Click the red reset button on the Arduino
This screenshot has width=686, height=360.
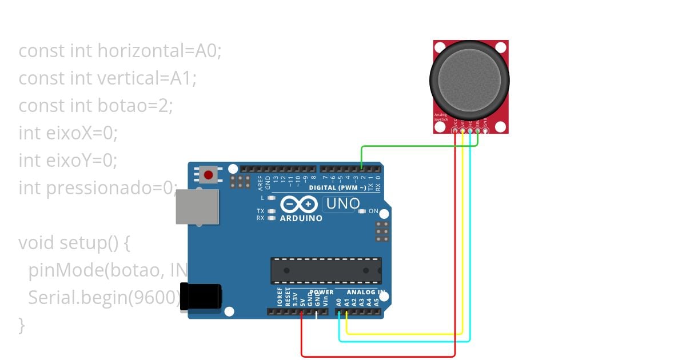(x=209, y=175)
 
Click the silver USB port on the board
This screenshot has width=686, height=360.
(x=197, y=206)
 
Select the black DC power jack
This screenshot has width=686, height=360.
(x=201, y=297)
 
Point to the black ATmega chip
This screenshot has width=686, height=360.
(x=326, y=270)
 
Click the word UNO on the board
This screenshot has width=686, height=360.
(x=342, y=203)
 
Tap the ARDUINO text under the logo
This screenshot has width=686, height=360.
(x=301, y=218)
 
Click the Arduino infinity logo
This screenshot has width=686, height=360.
(x=298, y=204)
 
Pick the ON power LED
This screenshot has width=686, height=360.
(x=361, y=211)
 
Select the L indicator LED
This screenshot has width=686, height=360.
(x=272, y=198)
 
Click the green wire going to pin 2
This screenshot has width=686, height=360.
(x=417, y=146)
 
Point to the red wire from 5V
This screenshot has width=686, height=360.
(x=377, y=357)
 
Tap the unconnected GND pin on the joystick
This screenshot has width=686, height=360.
(x=485, y=131)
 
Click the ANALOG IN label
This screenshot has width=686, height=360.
(x=366, y=292)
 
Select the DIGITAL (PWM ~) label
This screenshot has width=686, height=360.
(x=337, y=187)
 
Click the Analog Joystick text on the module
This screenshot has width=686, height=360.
(x=441, y=117)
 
